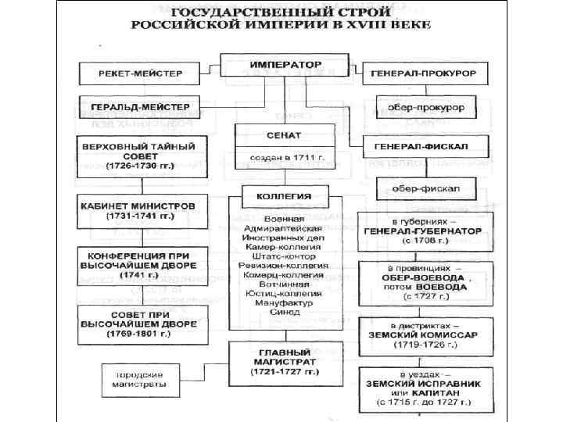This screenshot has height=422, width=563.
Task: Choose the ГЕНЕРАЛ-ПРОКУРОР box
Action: [x=425, y=73]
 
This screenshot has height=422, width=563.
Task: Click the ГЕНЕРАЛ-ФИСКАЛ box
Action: [x=425, y=146]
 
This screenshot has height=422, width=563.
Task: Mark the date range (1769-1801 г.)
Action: [x=142, y=333]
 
